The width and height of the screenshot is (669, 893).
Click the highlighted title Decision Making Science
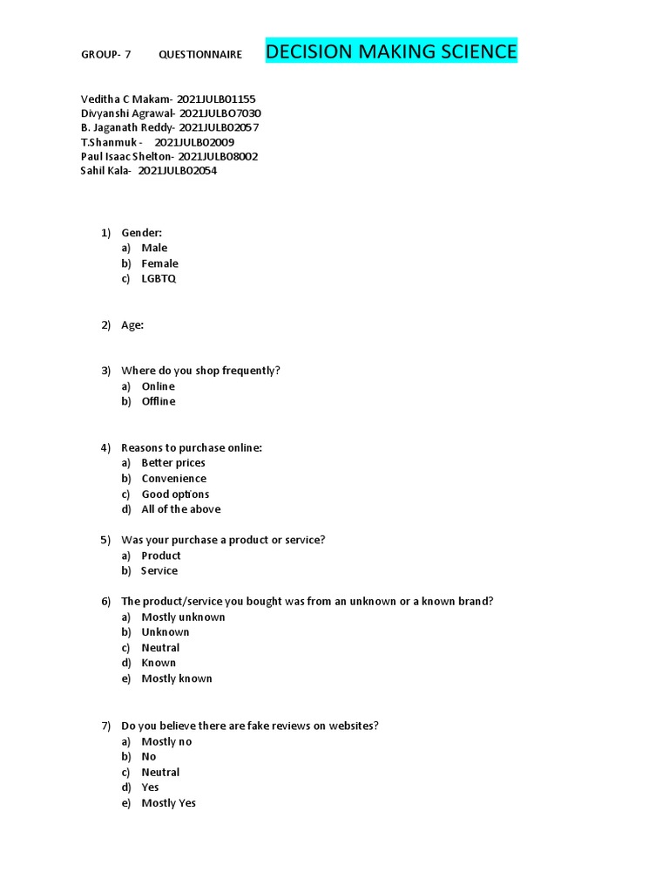pos(390,51)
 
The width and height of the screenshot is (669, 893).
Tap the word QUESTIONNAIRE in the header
pos(200,54)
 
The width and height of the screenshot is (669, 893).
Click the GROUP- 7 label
pos(105,54)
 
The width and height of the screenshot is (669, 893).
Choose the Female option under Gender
pos(159,263)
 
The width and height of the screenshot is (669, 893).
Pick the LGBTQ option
pos(159,279)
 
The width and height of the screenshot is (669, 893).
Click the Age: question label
pos(132,325)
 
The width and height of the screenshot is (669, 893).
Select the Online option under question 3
pos(158,386)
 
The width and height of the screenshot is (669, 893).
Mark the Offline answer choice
pos(159,401)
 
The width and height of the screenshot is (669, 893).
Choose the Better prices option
pos(173,463)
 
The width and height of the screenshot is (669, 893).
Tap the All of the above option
pos(181,509)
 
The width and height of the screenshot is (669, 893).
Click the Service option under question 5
pos(159,571)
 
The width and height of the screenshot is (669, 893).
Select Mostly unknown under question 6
pos(183,617)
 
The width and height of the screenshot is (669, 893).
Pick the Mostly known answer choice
pos(177,678)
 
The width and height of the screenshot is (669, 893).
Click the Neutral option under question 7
pos(160,773)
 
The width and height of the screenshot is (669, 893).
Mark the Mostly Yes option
pos(169,803)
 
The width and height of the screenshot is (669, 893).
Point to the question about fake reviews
pos(249,726)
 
